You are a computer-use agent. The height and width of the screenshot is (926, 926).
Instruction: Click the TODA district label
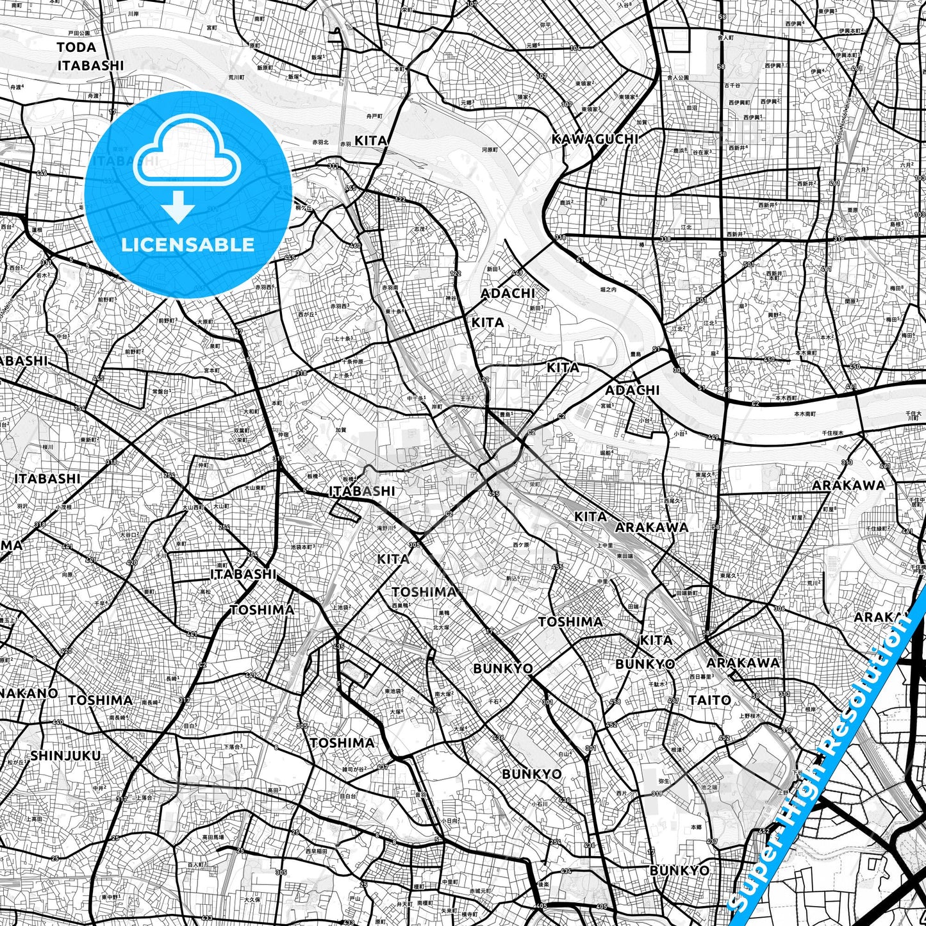point(76,47)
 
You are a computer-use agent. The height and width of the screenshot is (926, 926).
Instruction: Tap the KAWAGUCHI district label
point(595,139)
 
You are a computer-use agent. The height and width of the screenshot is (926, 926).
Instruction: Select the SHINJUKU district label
point(65,756)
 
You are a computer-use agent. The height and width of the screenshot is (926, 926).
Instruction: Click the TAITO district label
point(709,700)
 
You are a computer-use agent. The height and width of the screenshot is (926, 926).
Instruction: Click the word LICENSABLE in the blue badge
point(188,245)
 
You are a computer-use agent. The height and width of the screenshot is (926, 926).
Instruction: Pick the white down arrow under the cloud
point(178,207)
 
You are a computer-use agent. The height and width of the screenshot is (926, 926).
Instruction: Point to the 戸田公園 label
point(80,32)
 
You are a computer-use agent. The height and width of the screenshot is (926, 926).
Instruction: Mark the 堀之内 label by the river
point(608,290)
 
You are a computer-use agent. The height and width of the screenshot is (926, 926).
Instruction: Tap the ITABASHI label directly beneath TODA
point(90,65)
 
